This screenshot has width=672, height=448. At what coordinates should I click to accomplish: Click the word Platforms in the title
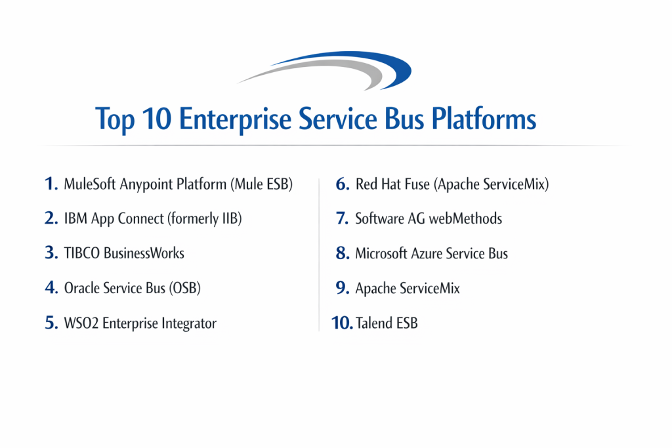tap(484, 119)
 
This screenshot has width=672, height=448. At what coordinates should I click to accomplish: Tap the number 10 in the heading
tap(157, 119)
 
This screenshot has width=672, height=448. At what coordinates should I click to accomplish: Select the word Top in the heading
tap(115, 120)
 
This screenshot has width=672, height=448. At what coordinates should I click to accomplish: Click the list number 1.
tap(51, 184)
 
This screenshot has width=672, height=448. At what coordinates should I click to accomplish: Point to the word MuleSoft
tap(90, 184)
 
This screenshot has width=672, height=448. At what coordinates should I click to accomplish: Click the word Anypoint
tap(146, 184)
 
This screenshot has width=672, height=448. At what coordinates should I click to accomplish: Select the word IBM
tap(75, 218)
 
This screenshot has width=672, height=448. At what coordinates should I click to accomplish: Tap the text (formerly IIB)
tap(205, 218)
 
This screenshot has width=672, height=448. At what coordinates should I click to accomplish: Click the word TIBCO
tap(82, 253)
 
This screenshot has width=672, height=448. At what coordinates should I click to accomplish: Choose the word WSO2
tap(81, 323)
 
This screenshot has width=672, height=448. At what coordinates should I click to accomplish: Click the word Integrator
tap(189, 324)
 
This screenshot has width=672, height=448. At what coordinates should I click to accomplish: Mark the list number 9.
tap(343, 288)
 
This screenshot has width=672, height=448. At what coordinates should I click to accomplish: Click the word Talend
tap(374, 323)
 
